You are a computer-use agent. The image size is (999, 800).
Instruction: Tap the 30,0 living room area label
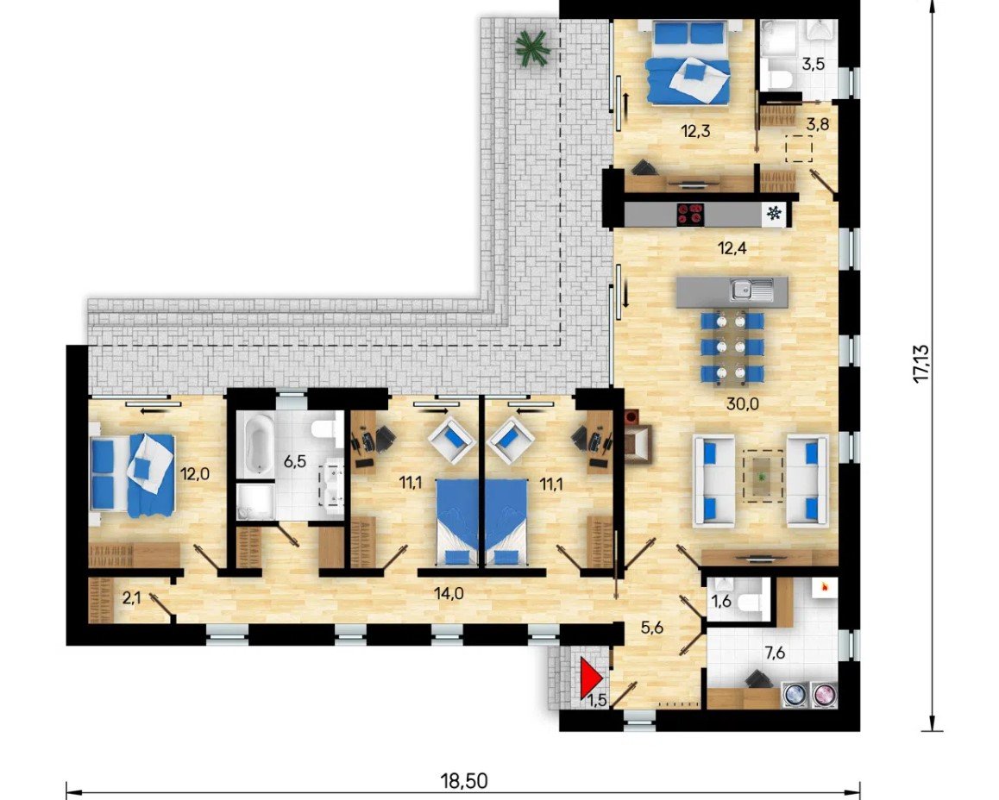(x=743, y=403)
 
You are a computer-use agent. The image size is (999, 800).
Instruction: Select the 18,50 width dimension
(x=464, y=780)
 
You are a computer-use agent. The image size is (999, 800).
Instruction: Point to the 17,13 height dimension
(x=922, y=364)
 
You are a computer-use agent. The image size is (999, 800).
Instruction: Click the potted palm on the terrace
(x=532, y=47)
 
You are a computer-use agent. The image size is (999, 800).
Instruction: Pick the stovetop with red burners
(x=691, y=215)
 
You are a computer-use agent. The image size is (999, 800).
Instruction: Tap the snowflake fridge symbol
(x=774, y=214)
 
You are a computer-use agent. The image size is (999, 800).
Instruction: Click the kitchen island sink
(x=751, y=290)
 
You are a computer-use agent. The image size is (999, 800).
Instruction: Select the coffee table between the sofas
(x=763, y=476)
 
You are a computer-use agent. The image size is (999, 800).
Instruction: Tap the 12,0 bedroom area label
(x=195, y=473)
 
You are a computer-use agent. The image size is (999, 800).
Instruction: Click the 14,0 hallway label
(x=449, y=593)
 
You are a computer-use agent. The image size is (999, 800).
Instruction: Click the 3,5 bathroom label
(x=814, y=64)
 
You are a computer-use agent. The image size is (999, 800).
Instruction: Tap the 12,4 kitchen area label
(x=732, y=247)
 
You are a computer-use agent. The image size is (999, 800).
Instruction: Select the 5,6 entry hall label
(x=653, y=628)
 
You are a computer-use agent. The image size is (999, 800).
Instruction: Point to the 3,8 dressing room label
(x=818, y=124)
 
